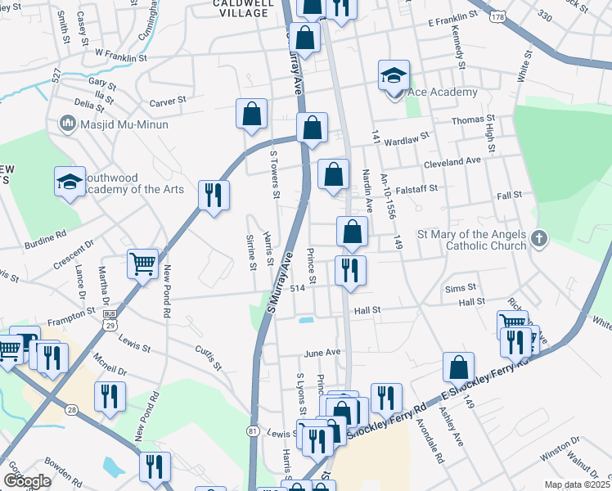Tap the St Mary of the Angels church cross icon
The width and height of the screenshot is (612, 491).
point(538,238)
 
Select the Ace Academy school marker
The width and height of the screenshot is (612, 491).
point(394,78)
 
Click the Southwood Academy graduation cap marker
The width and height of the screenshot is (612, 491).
point(70,183)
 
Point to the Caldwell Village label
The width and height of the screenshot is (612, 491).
point(241,8)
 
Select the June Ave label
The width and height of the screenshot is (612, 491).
point(322,353)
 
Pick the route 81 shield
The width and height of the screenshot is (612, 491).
point(252,430)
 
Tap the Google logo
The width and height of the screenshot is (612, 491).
point(27,481)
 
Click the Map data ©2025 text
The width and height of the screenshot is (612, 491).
point(577,484)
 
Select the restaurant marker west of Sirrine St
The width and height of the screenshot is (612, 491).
point(214,196)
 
